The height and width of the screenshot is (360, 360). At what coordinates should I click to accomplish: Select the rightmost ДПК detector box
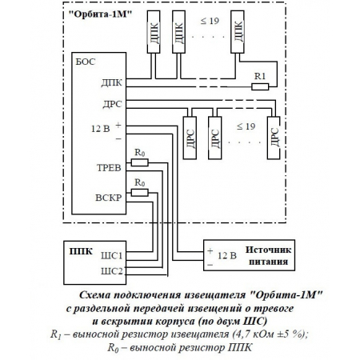coord(238,37)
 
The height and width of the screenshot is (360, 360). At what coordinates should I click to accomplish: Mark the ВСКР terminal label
coord(109,195)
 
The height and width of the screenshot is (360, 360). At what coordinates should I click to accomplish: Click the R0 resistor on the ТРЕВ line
coord(140,162)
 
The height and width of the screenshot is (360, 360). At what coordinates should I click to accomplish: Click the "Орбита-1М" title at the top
coord(99,14)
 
